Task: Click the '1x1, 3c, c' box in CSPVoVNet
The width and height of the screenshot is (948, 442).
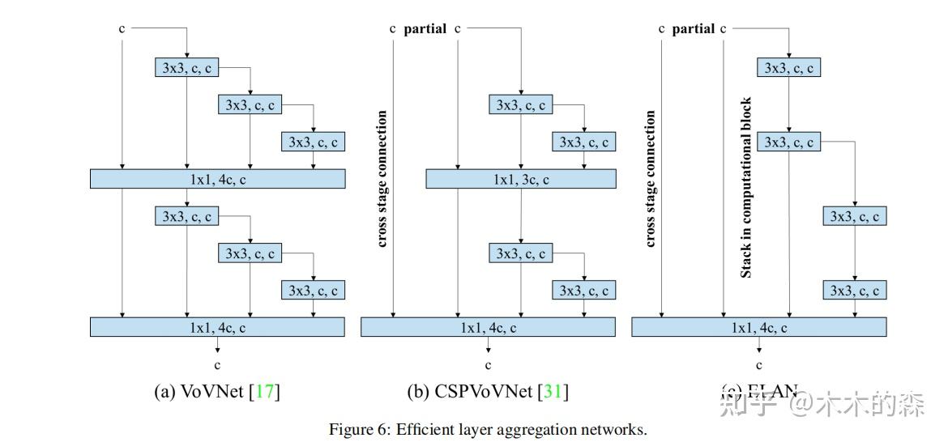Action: click(x=521, y=179)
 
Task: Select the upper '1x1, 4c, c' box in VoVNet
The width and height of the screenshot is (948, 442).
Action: click(x=217, y=179)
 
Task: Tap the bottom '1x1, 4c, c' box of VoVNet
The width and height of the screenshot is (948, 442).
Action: click(x=217, y=327)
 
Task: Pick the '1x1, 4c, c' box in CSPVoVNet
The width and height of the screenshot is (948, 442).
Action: click(x=488, y=327)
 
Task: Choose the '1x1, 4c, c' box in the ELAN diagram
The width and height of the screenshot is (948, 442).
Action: click(x=758, y=327)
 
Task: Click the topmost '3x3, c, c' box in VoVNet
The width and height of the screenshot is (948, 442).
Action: click(x=186, y=68)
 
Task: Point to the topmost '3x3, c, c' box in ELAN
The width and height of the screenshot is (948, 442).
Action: click(x=789, y=68)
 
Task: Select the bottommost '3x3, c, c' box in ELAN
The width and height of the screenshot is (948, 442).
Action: click(x=855, y=290)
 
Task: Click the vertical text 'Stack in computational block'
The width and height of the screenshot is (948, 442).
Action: click(x=746, y=188)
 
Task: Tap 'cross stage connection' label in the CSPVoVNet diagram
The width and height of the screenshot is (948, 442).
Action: click(x=382, y=179)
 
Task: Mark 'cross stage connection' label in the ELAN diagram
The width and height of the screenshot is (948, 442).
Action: click(x=651, y=179)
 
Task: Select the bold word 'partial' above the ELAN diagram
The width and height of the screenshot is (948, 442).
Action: click(x=693, y=29)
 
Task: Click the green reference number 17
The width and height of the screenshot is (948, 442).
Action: click(x=264, y=393)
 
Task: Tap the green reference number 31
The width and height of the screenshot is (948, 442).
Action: click(x=553, y=393)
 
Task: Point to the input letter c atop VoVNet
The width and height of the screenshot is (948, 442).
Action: click(x=122, y=29)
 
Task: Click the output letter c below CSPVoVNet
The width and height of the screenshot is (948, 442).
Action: click(x=488, y=365)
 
